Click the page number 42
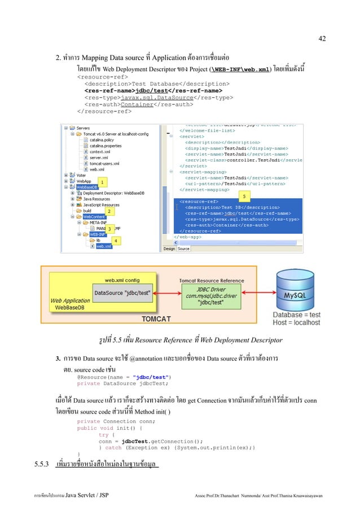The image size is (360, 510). coord(322,38)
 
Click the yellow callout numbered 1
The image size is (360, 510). coord(102,181)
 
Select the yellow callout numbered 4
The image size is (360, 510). coord(115,240)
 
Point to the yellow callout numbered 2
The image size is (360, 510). coord(108,211)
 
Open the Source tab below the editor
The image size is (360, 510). coord(183,249)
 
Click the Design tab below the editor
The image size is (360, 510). coord(169,249)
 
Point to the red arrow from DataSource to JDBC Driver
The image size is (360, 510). coord(170,294)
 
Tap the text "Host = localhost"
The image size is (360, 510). coord(296,323)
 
